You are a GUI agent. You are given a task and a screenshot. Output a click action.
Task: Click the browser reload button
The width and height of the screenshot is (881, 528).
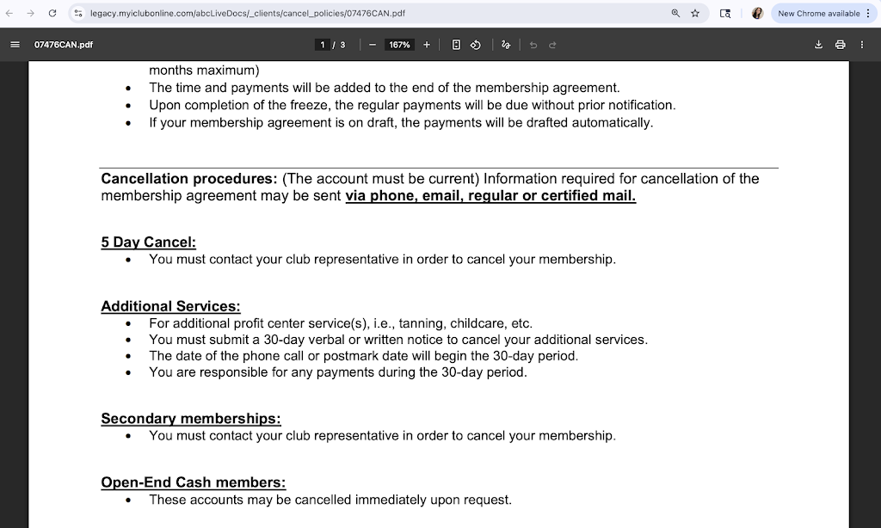[52, 14]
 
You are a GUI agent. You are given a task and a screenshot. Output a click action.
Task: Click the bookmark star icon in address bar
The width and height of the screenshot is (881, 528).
[695, 14]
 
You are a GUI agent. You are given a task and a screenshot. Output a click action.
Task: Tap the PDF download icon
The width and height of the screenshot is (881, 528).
[819, 45]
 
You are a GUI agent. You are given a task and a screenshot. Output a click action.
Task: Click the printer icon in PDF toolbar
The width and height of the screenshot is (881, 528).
[841, 45]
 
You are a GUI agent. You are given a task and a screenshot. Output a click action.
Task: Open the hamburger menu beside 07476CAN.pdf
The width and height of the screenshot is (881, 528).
[15, 45]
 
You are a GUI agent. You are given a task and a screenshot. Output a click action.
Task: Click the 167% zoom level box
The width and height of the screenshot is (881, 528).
[399, 45]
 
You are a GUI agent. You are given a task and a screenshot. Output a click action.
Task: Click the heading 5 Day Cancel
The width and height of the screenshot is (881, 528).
[148, 243]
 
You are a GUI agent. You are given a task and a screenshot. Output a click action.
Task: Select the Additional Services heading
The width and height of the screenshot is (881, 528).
[170, 306]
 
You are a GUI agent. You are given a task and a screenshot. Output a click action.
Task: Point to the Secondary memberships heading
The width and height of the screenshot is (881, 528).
[190, 419]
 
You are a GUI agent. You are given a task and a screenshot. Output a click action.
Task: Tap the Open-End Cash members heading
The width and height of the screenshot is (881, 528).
[193, 482]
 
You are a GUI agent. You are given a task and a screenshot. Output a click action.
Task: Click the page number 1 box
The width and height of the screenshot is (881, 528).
[323, 45]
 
